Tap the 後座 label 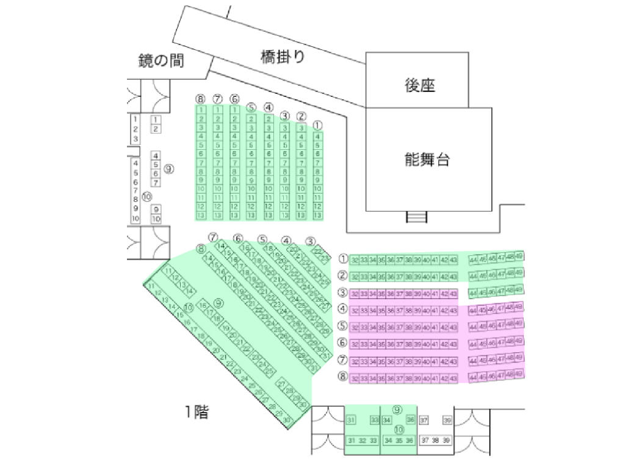pyautogui.click(x=420, y=86)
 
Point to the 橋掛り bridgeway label pyautogui.click(x=282, y=57)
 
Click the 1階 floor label pyautogui.click(x=197, y=413)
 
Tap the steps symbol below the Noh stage pyautogui.click(x=417, y=217)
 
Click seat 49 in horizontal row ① pyautogui.click(x=519, y=256)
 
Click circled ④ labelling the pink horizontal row pyautogui.click(x=343, y=309)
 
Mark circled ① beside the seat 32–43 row pyautogui.click(x=343, y=259)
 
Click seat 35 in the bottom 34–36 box pyautogui.click(x=399, y=441)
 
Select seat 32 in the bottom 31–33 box pyautogui.click(x=363, y=441)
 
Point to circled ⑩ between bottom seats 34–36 pyautogui.click(x=399, y=430)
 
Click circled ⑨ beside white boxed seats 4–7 pyautogui.click(x=169, y=169)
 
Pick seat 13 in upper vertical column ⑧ pyautogui.click(x=201, y=216)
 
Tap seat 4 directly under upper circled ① pyautogui.click(x=317, y=136)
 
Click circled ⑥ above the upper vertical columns pyautogui.click(x=234, y=99)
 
